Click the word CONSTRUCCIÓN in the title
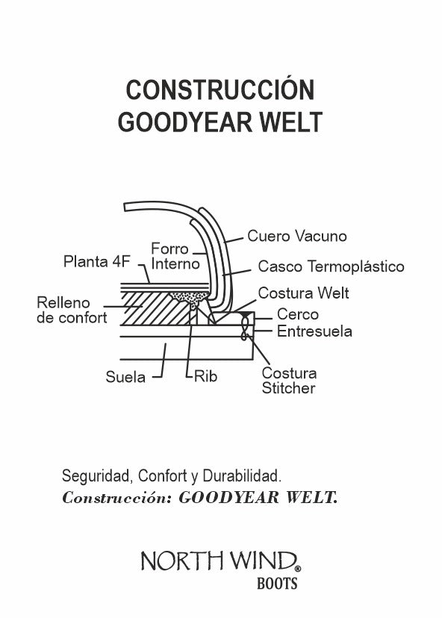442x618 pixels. (220, 90)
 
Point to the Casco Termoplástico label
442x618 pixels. (331, 266)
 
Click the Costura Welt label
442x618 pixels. (303, 293)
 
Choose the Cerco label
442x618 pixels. (297, 315)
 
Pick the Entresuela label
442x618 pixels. (314, 331)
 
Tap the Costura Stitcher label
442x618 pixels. (289, 381)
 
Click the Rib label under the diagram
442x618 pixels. (205, 377)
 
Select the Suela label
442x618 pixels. (125, 377)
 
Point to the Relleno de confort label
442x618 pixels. (72, 310)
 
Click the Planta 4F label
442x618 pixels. (96, 262)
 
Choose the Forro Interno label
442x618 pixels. (175, 256)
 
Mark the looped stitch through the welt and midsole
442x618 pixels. (245, 326)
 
